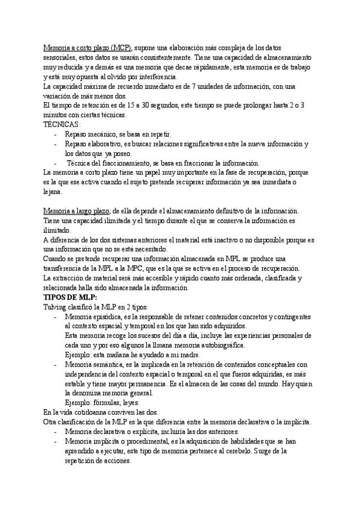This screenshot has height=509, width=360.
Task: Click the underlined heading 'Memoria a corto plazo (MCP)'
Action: click(x=88, y=47)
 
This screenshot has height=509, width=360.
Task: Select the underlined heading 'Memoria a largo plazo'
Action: click(x=77, y=211)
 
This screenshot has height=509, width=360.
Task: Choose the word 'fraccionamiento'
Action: click(x=129, y=163)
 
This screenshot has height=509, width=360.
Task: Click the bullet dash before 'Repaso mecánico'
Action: click(x=56, y=134)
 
